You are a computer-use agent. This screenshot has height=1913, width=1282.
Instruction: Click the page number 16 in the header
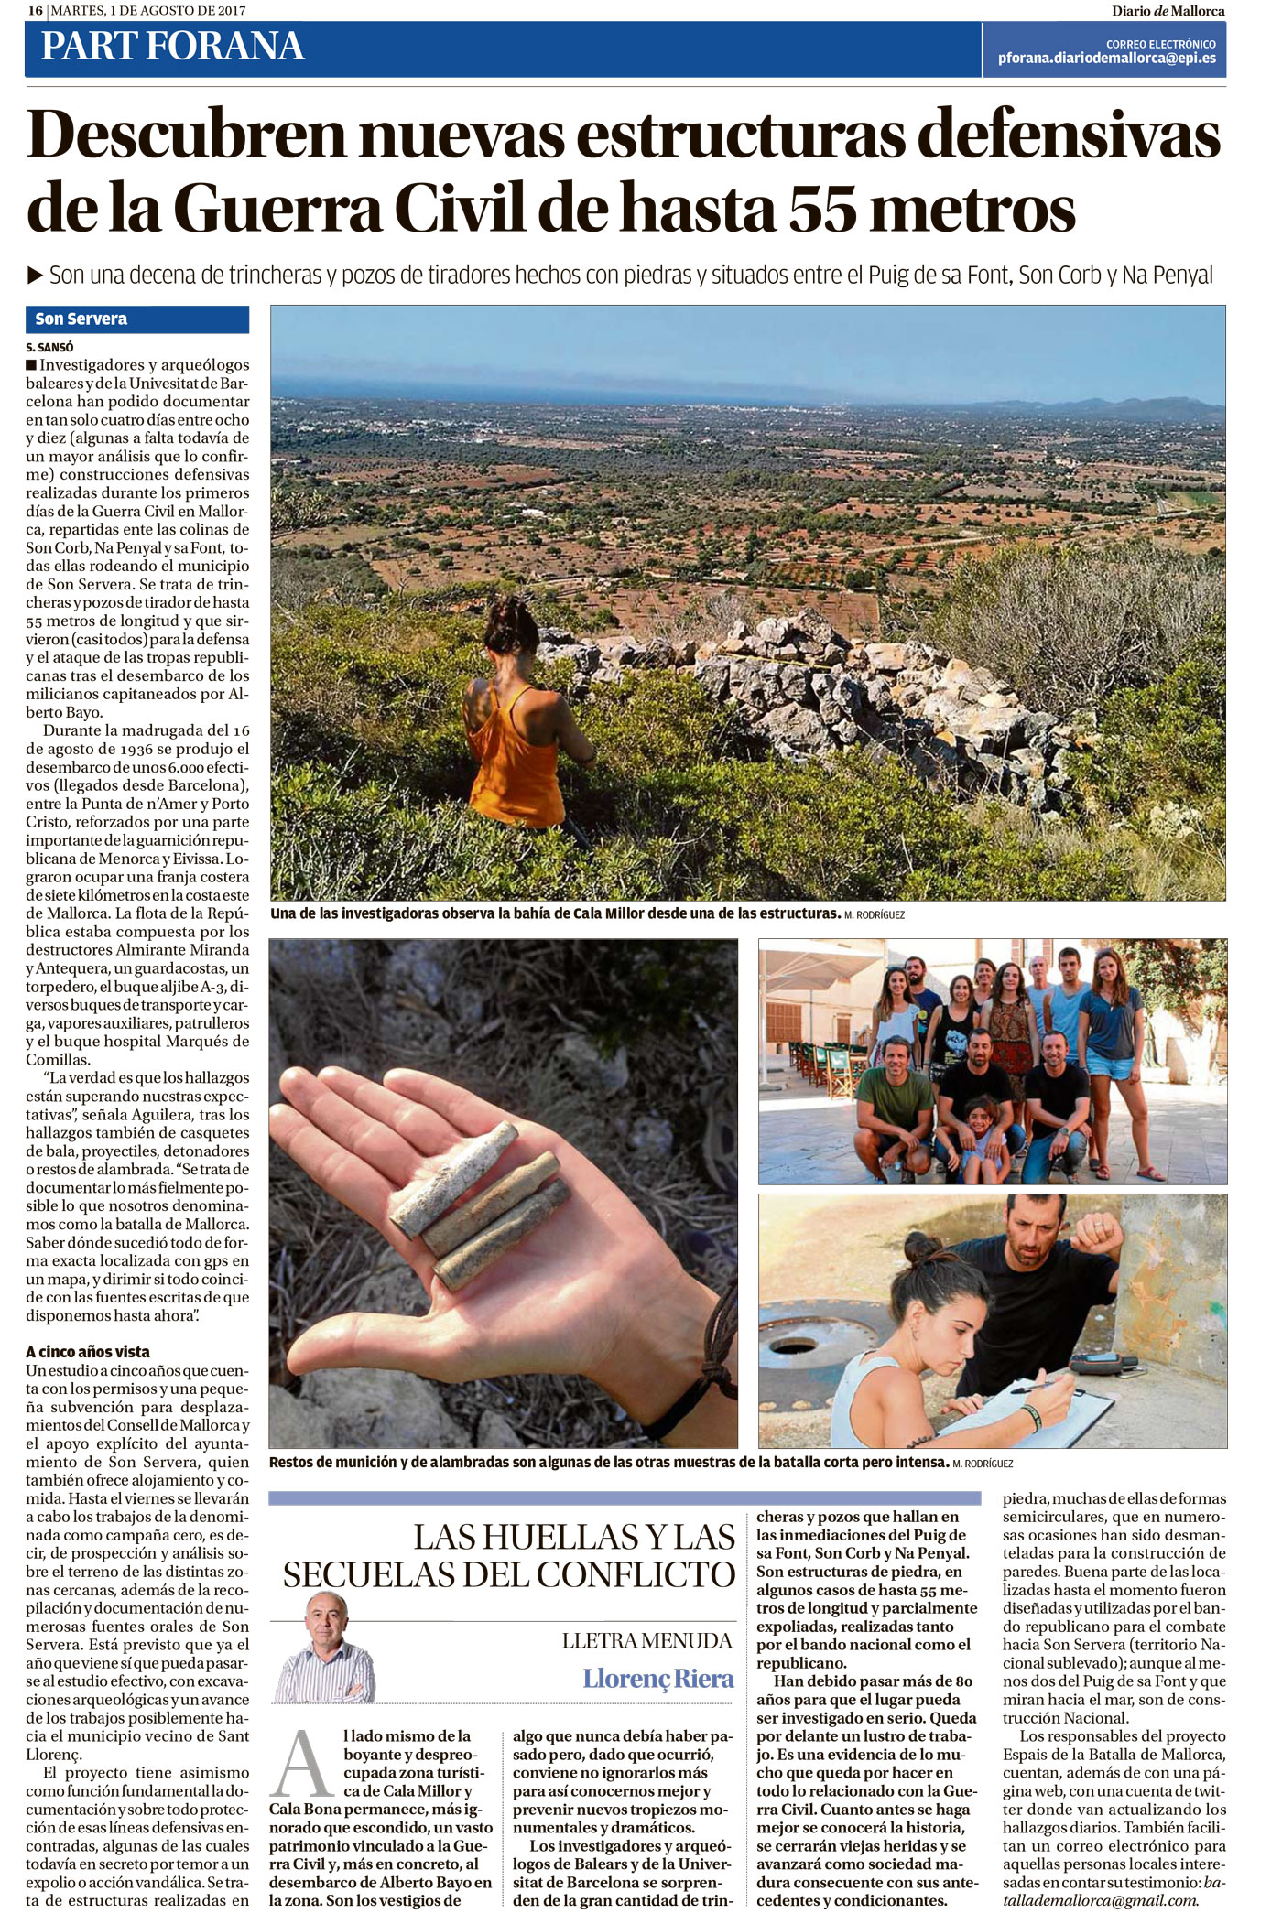(35, 11)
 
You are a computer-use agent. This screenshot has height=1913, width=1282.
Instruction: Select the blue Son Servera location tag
(137, 319)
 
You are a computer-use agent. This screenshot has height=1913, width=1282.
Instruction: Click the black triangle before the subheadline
(36, 274)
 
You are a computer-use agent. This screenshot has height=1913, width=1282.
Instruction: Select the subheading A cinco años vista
(88, 1352)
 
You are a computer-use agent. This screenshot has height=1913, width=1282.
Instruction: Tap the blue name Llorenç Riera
(658, 1679)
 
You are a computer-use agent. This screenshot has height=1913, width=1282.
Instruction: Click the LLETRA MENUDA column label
(647, 1640)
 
